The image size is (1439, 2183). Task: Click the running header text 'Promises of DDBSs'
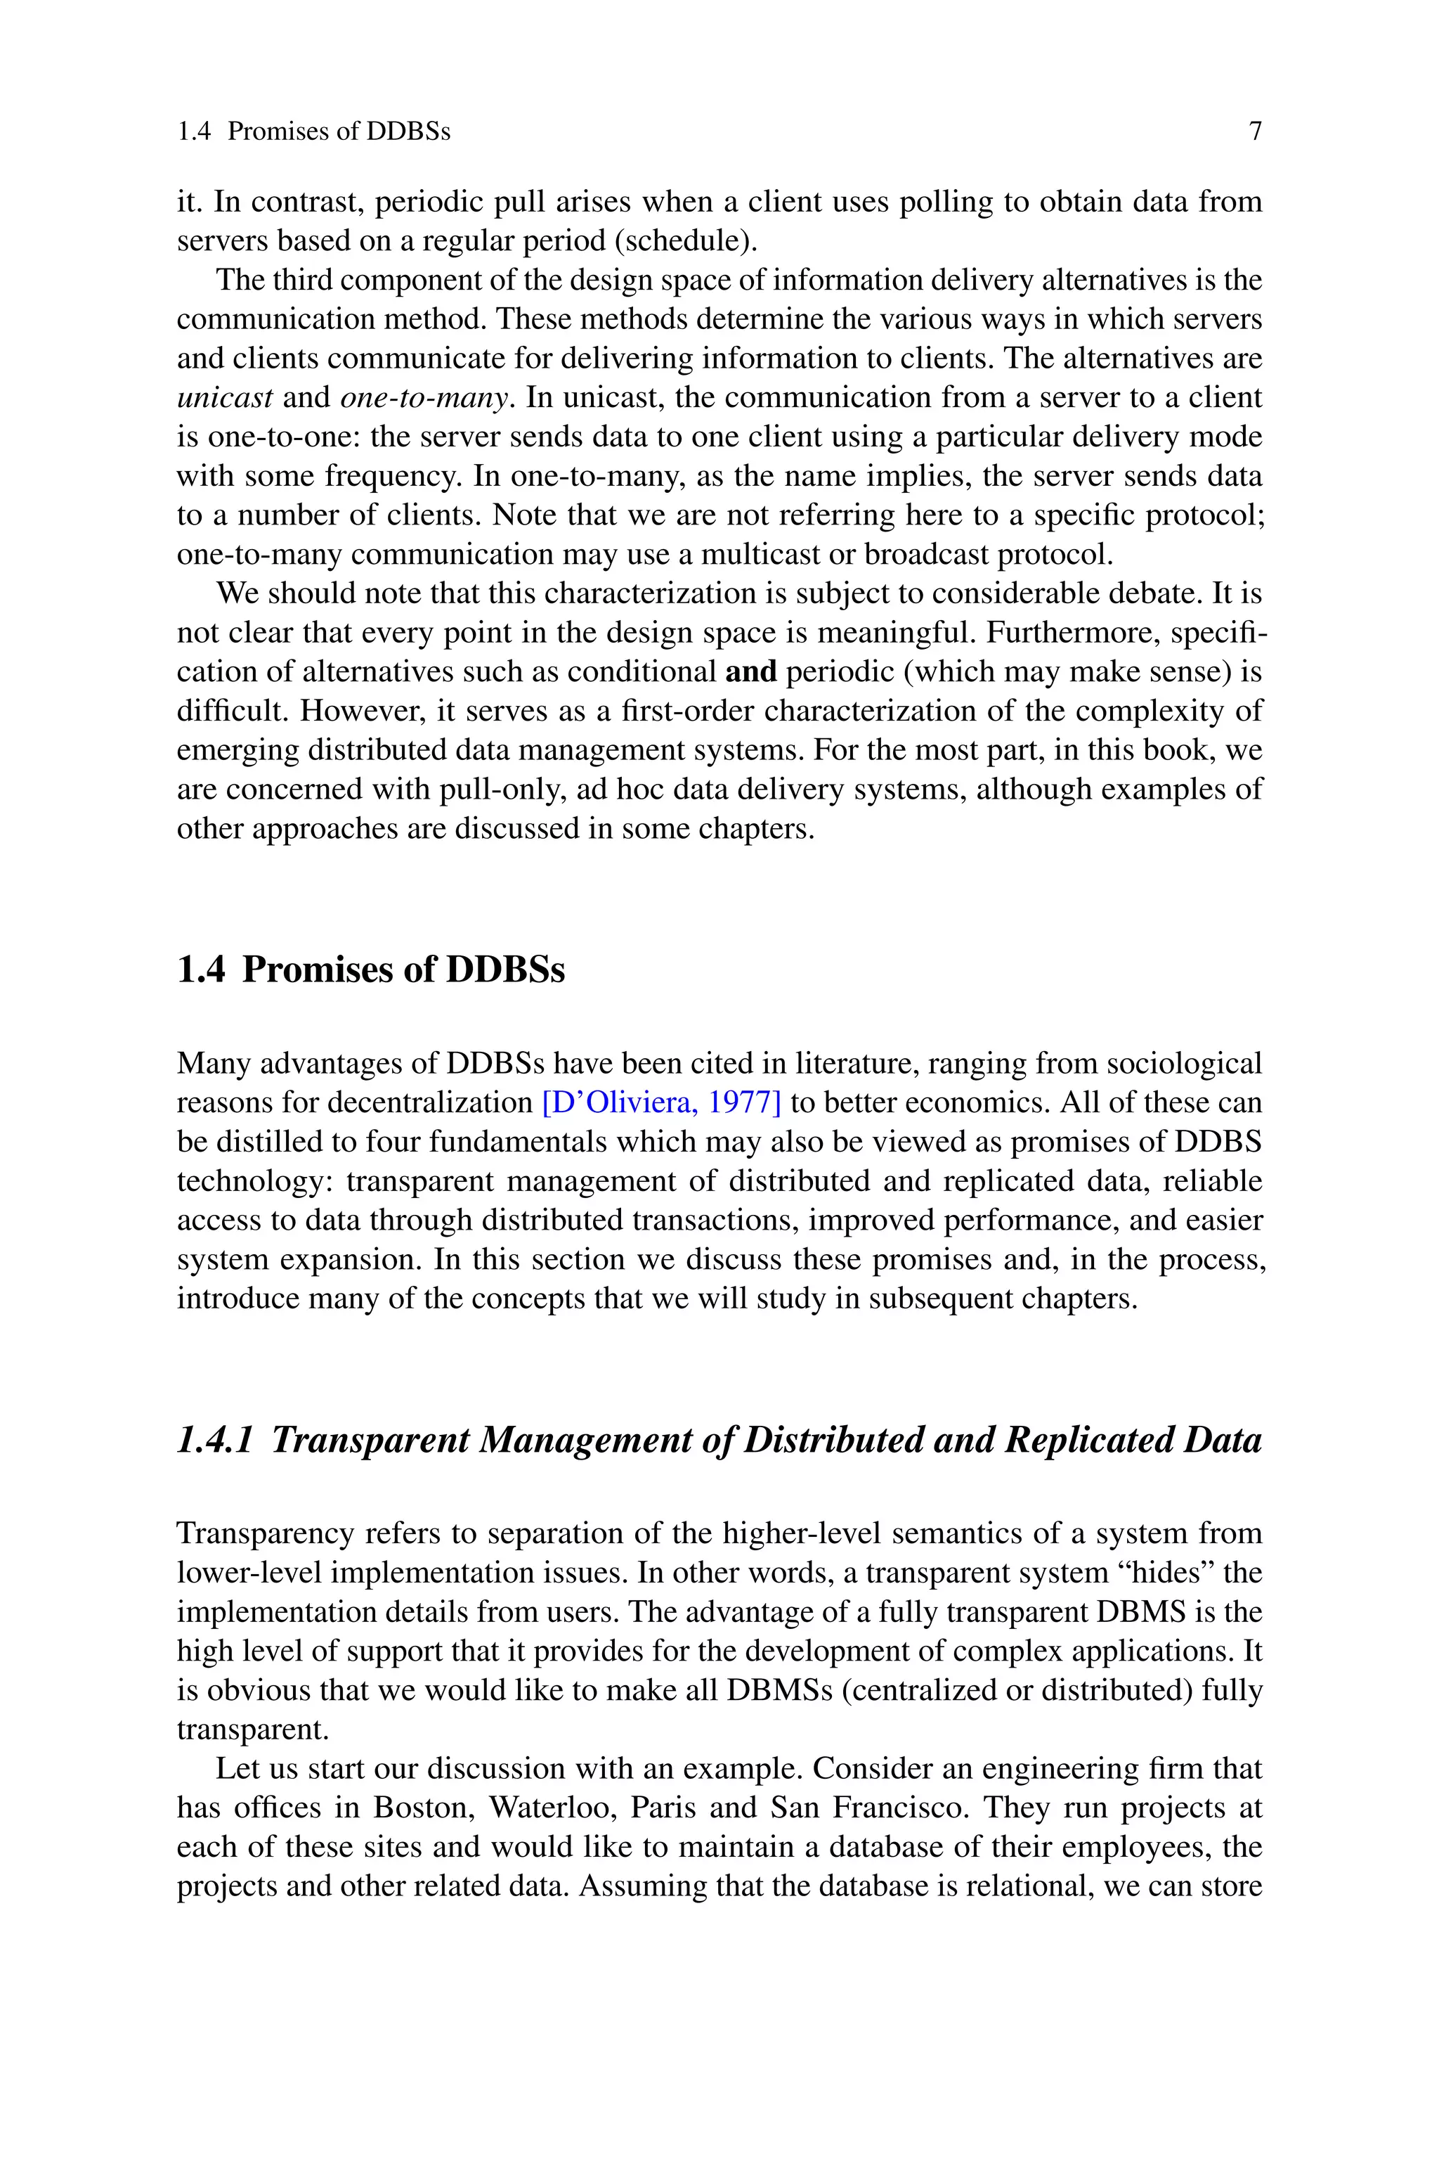point(339,131)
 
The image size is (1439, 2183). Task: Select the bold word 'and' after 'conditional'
point(750,672)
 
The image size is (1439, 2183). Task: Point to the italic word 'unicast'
point(225,397)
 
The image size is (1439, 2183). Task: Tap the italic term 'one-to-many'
point(424,397)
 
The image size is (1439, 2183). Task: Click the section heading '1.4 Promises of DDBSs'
point(371,970)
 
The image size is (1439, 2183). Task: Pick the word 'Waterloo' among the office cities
point(547,1808)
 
